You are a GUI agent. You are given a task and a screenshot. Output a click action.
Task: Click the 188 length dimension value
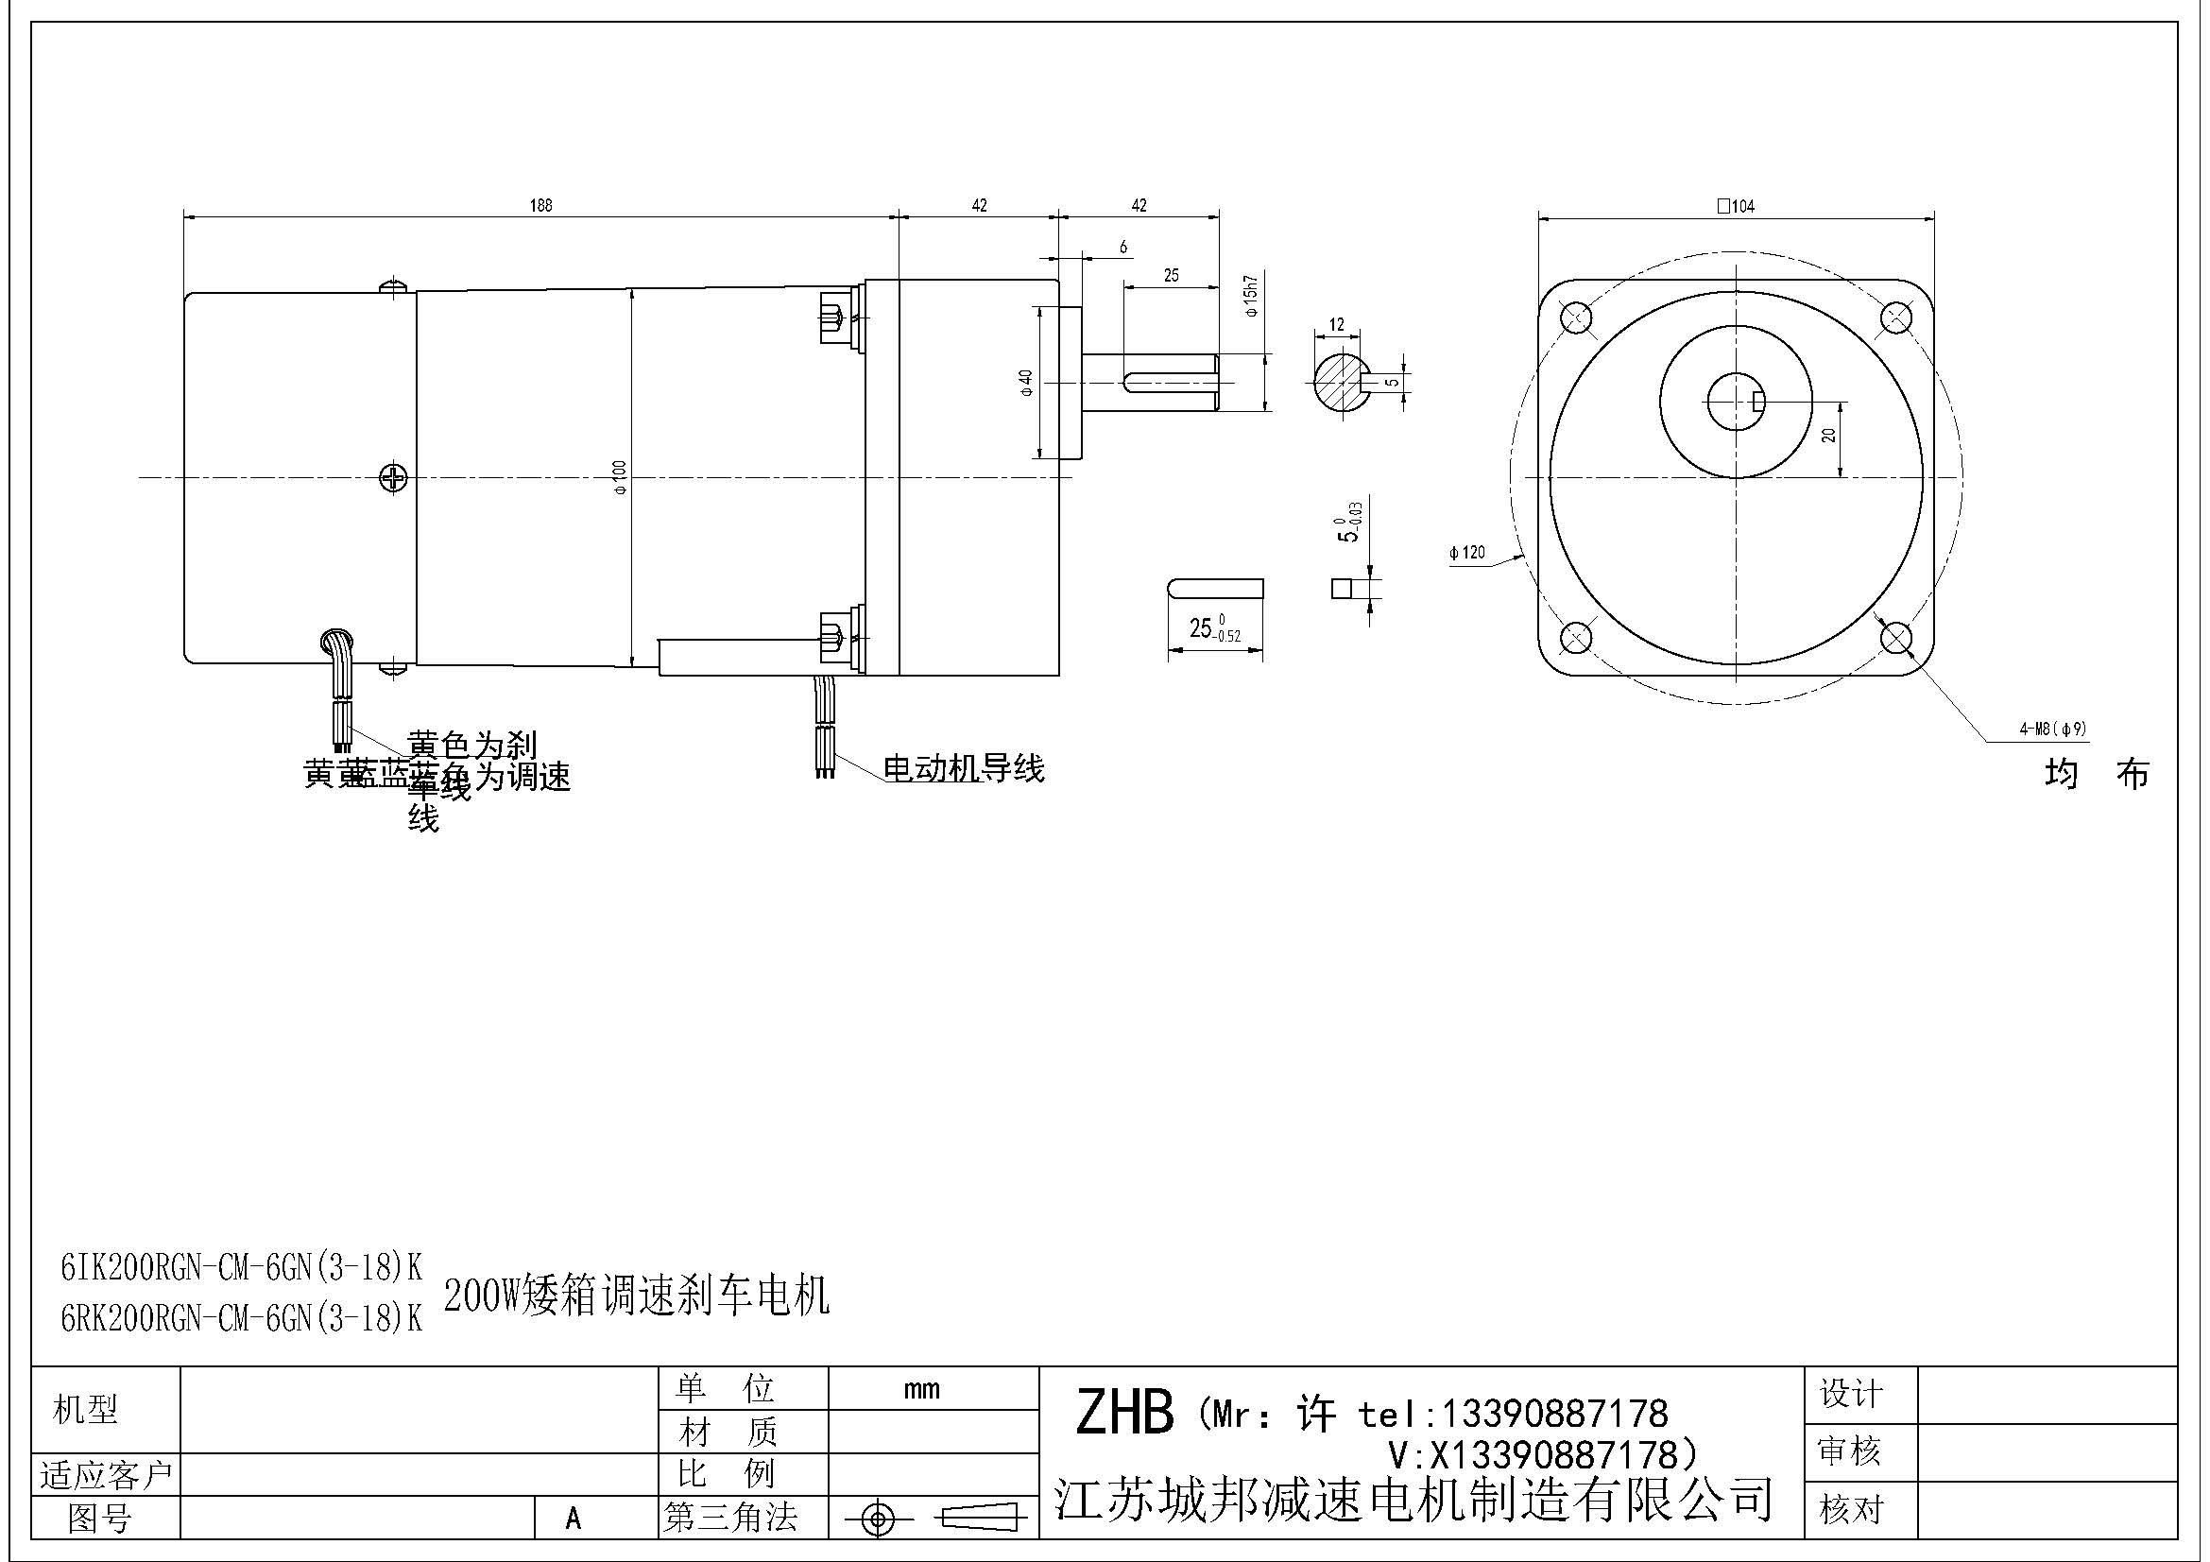pyautogui.click(x=541, y=205)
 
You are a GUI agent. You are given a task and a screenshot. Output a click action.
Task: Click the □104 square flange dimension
pyautogui.click(x=1736, y=206)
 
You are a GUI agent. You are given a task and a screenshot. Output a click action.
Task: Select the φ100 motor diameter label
pyautogui.click(x=621, y=476)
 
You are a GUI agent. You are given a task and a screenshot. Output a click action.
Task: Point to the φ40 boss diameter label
pyautogui.click(x=1027, y=383)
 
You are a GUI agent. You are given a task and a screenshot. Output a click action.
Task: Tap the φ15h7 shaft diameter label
pyautogui.click(x=1250, y=297)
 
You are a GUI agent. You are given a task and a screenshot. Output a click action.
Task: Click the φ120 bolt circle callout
pyautogui.click(x=1467, y=553)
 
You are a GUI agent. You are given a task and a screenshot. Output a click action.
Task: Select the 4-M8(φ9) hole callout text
pyautogui.click(x=2053, y=729)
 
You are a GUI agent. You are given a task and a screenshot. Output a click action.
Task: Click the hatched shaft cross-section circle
pyautogui.click(x=1340, y=381)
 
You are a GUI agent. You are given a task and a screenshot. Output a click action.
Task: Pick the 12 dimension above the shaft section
pyautogui.click(x=1336, y=325)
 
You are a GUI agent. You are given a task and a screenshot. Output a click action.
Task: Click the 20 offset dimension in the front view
pyautogui.click(x=1829, y=435)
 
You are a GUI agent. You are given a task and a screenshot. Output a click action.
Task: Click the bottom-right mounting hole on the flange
pyautogui.click(x=1895, y=637)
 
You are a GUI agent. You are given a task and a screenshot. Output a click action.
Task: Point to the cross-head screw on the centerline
pyautogui.click(x=394, y=477)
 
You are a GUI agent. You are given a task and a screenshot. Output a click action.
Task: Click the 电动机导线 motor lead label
pyautogui.click(x=964, y=769)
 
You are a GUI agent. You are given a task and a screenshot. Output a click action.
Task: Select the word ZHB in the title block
pyautogui.click(x=1124, y=1413)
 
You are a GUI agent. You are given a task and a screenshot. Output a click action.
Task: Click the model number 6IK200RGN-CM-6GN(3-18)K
pyautogui.click(x=242, y=1268)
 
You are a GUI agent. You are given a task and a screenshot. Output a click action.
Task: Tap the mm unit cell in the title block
pyautogui.click(x=921, y=1389)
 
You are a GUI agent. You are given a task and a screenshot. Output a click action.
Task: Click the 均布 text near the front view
pyautogui.click(x=2097, y=774)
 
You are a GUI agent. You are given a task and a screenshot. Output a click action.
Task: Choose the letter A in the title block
pyautogui.click(x=574, y=1518)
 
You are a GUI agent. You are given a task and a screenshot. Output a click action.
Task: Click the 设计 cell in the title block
pyautogui.click(x=1850, y=1394)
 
